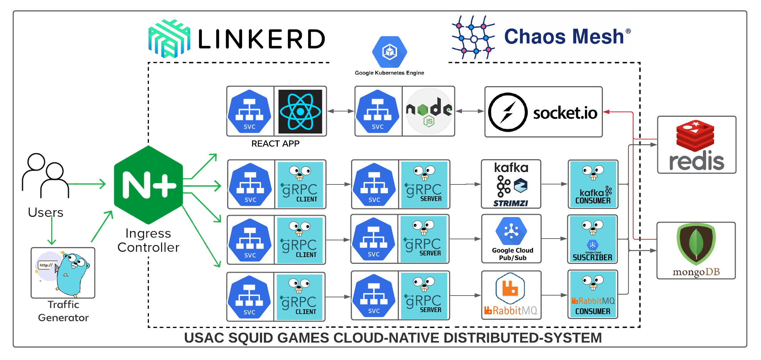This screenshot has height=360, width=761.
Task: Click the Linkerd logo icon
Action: click(169, 38)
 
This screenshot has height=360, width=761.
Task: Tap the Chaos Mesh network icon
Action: click(474, 37)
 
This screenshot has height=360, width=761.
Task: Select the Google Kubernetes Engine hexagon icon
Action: click(390, 52)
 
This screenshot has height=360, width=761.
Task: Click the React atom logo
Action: click(300, 111)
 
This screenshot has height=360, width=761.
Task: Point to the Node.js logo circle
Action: click(429, 111)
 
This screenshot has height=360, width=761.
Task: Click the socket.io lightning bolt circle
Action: click(507, 112)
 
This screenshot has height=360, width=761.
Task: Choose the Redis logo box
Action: click(697, 145)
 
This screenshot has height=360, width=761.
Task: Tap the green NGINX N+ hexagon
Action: click(148, 185)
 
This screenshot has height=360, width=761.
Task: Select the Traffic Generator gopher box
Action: click(63, 273)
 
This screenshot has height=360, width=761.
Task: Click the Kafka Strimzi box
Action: click(511, 184)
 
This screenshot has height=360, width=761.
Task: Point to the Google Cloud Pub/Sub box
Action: click(511, 239)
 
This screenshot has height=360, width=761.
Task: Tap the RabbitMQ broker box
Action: click(511, 295)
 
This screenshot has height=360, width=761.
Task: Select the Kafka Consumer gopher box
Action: click(593, 184)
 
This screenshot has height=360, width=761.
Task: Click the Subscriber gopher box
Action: click(593, 239)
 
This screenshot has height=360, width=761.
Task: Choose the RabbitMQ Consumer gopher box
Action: click(593, 294)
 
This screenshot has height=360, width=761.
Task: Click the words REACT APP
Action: click(275, 144)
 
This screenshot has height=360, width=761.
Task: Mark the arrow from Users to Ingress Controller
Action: click(87, 184)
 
